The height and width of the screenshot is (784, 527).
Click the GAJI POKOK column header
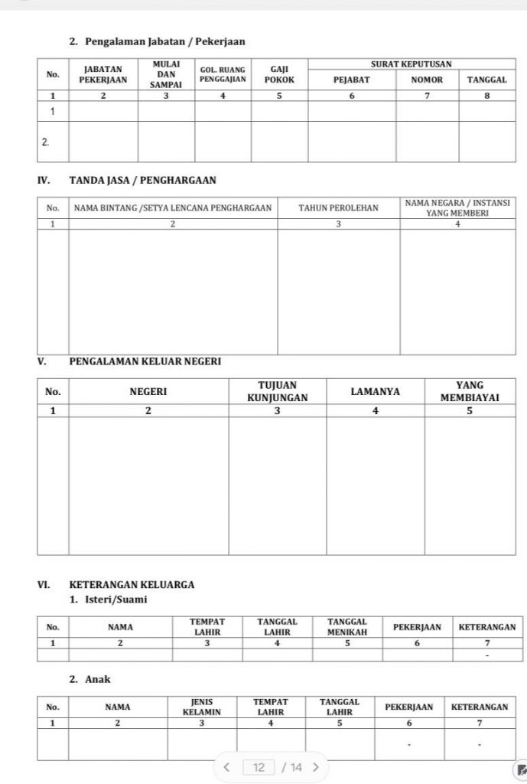click(279, 74)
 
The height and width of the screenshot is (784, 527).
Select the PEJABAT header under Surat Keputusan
click(352, 80)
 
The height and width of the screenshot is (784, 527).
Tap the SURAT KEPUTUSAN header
click(411, 64)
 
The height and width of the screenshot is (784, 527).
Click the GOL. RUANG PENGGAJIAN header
click(223, 74)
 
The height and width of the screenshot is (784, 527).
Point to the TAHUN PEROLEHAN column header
click(338, 207)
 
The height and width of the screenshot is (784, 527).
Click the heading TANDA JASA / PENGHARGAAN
click(142, 181)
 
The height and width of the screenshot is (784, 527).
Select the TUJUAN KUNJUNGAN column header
click(277, 391)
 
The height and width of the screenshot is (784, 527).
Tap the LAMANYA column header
click(375, 391)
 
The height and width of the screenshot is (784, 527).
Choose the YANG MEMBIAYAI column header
click(470, 391)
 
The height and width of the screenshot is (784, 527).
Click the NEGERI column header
click(148, 391)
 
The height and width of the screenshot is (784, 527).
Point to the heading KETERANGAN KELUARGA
click(132, 584)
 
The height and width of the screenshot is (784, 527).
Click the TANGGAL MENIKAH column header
click(347, 627)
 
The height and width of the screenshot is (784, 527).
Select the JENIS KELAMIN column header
click(202, 707)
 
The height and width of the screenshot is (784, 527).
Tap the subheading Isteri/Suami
click(108, 599)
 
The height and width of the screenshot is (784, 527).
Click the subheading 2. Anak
click(90, 679)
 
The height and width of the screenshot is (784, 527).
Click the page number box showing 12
click(259, 767)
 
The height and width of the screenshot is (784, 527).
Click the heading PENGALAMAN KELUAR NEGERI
click(145, 361)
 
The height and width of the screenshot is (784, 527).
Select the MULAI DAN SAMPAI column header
click(166, 74)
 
